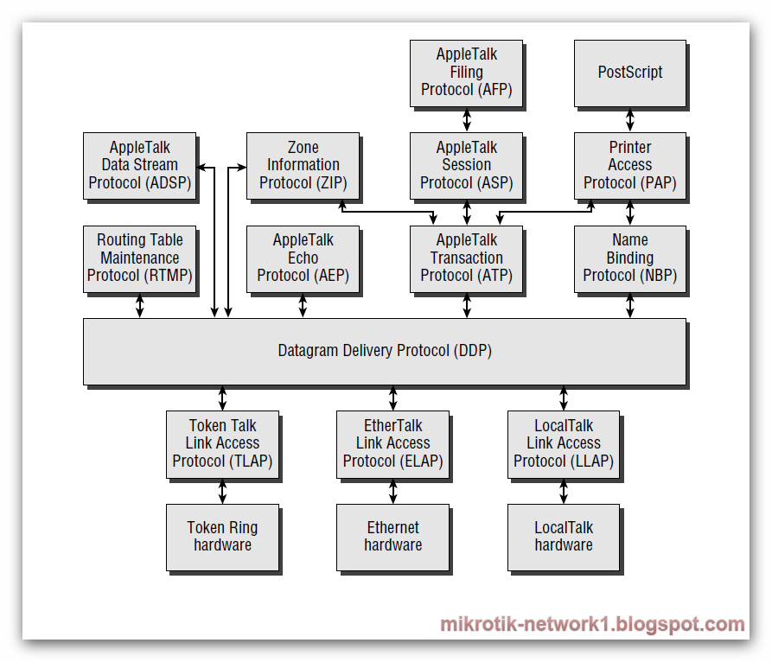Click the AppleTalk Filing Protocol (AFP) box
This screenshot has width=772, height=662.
click(x=467, y=73)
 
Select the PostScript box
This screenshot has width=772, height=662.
click(x=630, y=73)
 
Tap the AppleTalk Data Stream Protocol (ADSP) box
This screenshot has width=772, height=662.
click(x=139, y=165)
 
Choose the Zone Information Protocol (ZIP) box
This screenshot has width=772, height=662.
click(x=303, y=165)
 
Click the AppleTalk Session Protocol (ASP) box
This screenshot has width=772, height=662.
click(x=467, y=165)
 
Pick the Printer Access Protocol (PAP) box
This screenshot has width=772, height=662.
click(x=630, y=165)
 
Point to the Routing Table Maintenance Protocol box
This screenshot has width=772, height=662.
click(x=139, y=258)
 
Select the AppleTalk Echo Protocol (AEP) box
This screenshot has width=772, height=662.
click(x=303, y=258)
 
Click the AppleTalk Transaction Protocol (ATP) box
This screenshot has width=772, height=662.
click(x=467, y=258)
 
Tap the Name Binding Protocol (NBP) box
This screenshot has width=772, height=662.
click(x=630, y=258)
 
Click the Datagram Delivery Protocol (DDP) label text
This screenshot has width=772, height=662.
click(x=385, y=351)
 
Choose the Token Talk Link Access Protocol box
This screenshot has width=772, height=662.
click(x=222, y=443)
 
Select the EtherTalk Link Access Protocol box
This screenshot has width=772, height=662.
click(x=392, y=443)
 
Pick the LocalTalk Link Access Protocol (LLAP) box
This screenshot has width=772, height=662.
click(x=564, y=443)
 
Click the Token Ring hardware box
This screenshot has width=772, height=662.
click(x=222, y=537)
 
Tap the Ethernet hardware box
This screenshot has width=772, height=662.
click(x=392, y=537)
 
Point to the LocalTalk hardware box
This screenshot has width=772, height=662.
click(x=564, y=537)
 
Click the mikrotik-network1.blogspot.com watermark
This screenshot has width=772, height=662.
click(x=592, y=625)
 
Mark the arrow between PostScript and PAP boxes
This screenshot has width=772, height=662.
click(x=630, y=119)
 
